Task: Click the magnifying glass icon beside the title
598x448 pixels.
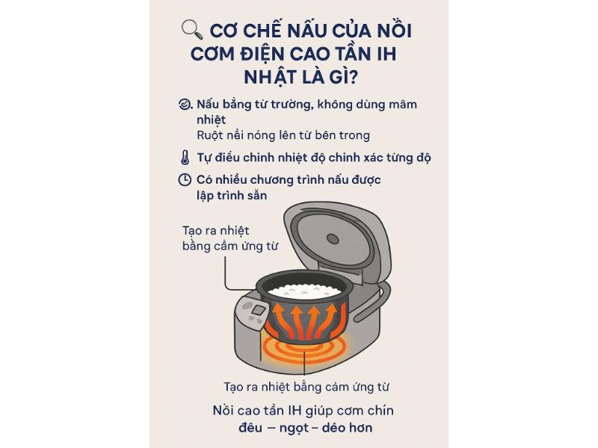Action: [x=192, y=30]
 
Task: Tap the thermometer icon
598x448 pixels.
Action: [x=185, y=158]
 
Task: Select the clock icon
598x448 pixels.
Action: [x=185, y=180]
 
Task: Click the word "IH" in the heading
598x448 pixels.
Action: [x=386, y=54]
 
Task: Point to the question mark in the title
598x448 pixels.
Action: [x=353, y=77]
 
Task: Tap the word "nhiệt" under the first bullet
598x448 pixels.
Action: [x=212, y=120]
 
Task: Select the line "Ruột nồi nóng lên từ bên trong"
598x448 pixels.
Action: [x=283, y=135]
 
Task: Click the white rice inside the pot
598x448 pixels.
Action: [x=304, y=291]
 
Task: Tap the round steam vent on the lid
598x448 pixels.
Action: [x=333, y=239]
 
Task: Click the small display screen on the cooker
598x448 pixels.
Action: [x=259, y=310]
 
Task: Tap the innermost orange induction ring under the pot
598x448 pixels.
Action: [x=304, y=347]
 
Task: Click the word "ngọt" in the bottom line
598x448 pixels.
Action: [x=294, y=428]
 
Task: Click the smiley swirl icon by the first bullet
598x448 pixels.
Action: [x=185, y=104]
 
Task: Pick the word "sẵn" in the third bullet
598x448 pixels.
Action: [x=257, y=196]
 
